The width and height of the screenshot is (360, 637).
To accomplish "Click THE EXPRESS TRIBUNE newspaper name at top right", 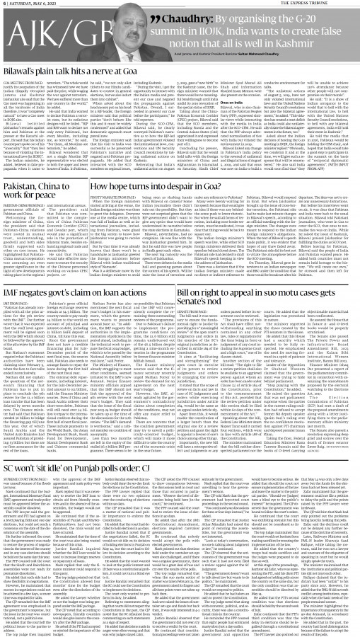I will [328, 5].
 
